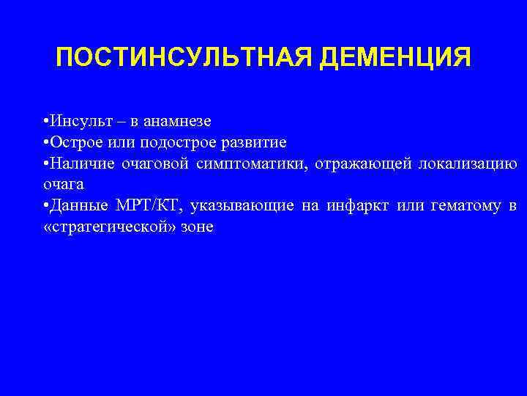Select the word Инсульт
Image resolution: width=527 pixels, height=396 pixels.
pyautogui.click(x=77, y=120)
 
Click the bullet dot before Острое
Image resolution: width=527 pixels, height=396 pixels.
pyautogui.click(x=45, y=142)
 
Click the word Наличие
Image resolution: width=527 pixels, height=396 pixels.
pyautogui.click(x=77, y=163)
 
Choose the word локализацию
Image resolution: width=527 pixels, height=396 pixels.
pyautogui.click(x=468, y=163)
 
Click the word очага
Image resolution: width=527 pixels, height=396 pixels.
pyautogui.click(x=64, y=184)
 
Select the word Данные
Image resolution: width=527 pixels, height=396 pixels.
pyautogui.click(x=74, y=206)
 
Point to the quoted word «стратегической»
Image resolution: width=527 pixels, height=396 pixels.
pyautogui.click(x=106, y=227)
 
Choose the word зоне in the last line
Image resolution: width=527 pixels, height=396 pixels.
pyautogui.click(x=193, y=227)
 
